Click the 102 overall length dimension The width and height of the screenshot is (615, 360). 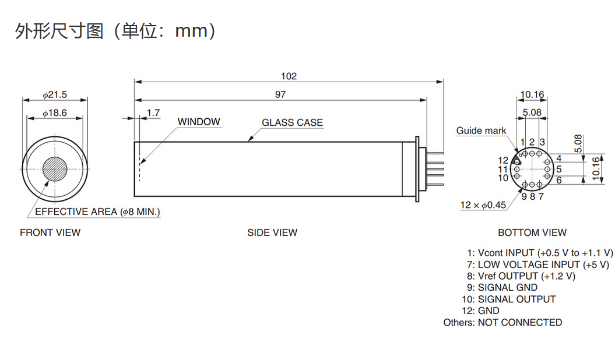tap(289, 76)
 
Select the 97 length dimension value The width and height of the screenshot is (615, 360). tap(280, 94)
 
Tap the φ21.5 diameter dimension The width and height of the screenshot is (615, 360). tap(55, 94)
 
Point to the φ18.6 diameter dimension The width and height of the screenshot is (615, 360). tap(55, 113)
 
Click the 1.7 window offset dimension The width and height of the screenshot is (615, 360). tap(153, 113)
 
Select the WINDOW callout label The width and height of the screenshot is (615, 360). tap(199, 122)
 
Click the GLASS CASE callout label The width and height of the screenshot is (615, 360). tap(292, 122)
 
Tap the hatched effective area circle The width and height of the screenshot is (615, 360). tap(55, 169)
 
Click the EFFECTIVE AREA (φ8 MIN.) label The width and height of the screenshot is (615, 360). tap(97, 211)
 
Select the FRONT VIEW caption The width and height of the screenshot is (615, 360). tap(50, 232)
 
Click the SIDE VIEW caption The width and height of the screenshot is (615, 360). tap(272, 232)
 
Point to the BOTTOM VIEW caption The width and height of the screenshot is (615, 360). tap(532, 232)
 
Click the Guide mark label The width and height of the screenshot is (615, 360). tap(482, 130)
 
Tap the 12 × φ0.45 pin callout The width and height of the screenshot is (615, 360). tap(483, 204)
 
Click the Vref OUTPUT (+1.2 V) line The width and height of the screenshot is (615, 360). tap(521, 276)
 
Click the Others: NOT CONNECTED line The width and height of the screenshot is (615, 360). tap(502, 322)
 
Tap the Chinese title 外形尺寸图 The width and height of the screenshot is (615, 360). tap(60, 30)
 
